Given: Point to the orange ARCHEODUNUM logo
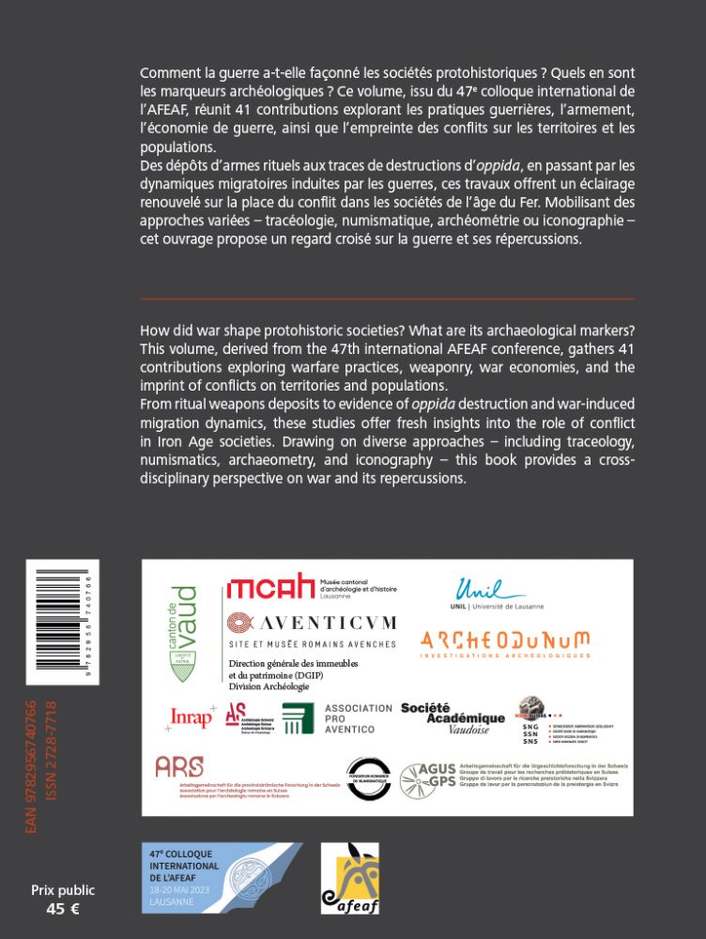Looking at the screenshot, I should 505,642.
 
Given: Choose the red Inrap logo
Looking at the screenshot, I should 192,717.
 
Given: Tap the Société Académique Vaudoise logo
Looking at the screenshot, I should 453,718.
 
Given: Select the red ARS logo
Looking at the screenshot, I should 178,767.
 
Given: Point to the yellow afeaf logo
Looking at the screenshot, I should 349,877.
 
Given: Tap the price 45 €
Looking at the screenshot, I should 62,909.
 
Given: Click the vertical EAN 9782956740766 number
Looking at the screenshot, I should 32,766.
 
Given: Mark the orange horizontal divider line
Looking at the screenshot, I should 387,299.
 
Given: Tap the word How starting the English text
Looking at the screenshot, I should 154,332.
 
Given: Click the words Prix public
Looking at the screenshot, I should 63,890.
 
